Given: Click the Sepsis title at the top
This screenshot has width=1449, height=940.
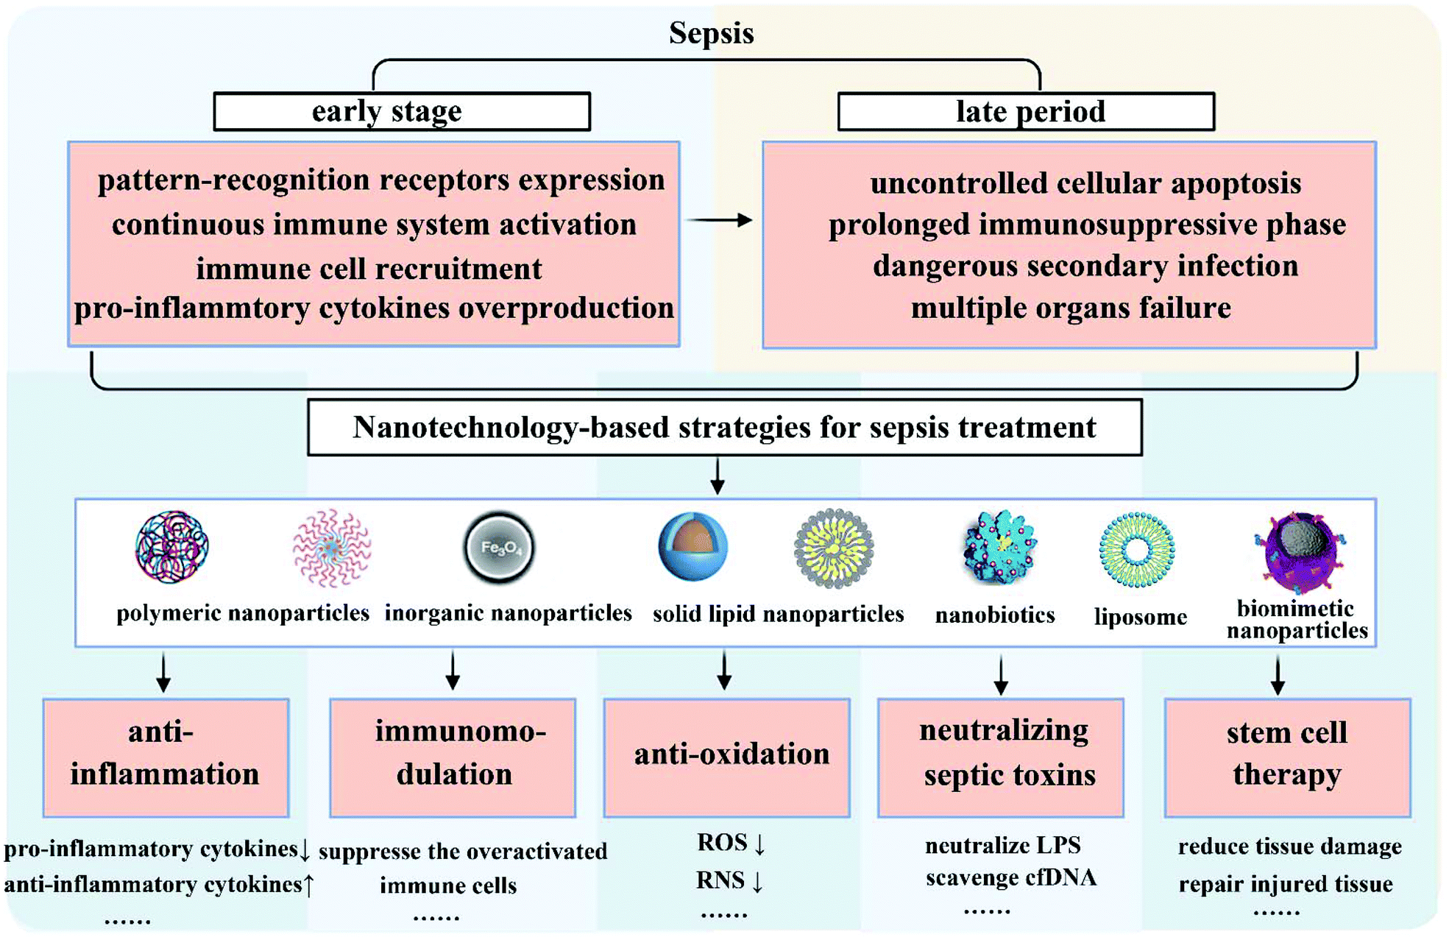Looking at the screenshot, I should [711, 33].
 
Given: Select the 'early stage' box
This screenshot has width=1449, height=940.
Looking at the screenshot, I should [402, 112].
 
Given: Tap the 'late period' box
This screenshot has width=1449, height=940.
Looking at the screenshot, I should [1026, 112].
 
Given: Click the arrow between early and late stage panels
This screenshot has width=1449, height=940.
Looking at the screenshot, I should [719, 220].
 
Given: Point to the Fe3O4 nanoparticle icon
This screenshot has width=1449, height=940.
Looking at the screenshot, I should [499, 547].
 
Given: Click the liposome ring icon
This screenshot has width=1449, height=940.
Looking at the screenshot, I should [1137, 550].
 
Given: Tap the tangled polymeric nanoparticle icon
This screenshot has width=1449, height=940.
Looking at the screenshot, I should [172, 547].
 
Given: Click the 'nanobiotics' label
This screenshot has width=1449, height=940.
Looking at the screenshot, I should [995, 615].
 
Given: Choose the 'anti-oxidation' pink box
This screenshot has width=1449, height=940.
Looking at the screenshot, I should [727, 757].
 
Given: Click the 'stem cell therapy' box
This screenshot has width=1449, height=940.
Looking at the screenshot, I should [1287, 757].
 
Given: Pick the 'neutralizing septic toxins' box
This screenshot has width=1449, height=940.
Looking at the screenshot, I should [1001, 757].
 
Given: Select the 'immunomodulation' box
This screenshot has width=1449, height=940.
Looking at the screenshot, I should [453, 757].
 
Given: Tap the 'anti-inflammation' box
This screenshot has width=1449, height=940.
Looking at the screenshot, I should [166, 757].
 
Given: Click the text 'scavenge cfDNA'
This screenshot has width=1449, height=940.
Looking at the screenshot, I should [1010, 877].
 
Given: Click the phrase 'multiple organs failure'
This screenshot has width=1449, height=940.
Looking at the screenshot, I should [1071, 308].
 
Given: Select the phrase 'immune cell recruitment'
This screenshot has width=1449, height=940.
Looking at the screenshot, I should [369, 269].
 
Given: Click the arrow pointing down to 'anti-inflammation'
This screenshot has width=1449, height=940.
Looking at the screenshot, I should [163, 671].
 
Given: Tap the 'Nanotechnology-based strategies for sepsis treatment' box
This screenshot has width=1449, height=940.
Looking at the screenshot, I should [725, 428].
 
